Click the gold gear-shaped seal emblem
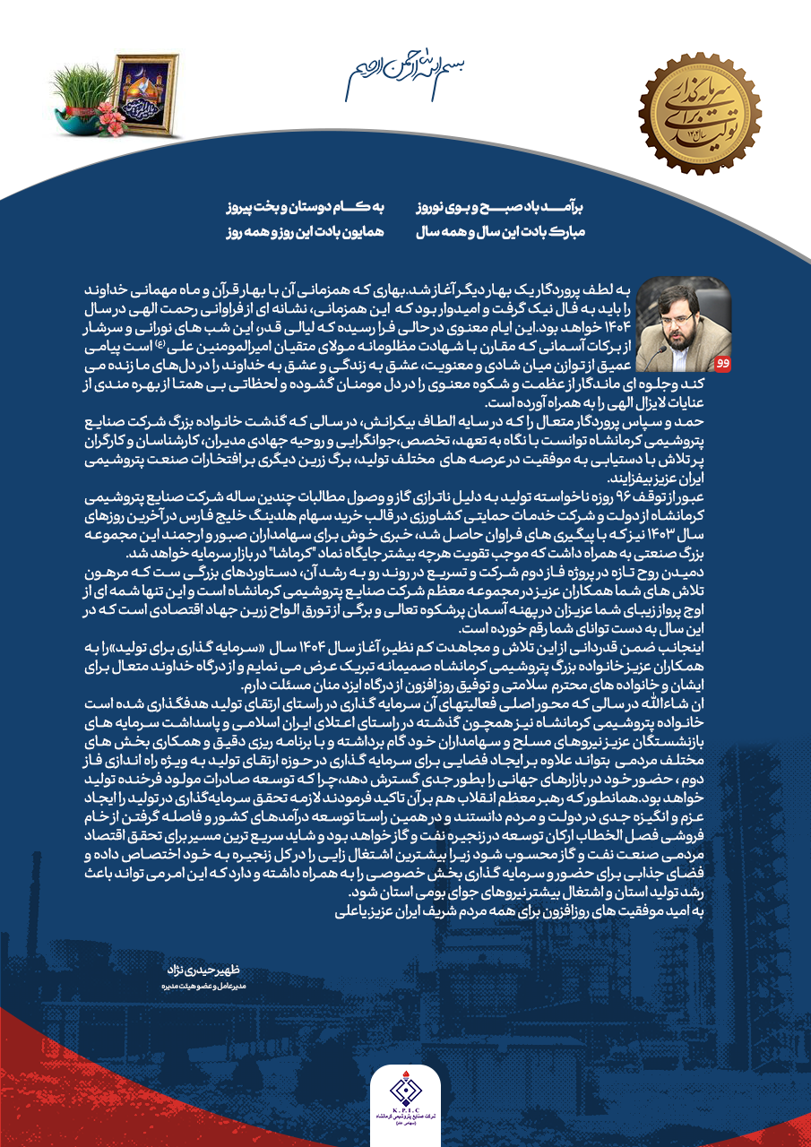point(700,113)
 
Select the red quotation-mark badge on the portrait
point(723,363)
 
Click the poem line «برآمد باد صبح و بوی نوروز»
point(501,207)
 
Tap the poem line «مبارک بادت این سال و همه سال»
point(501,232)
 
